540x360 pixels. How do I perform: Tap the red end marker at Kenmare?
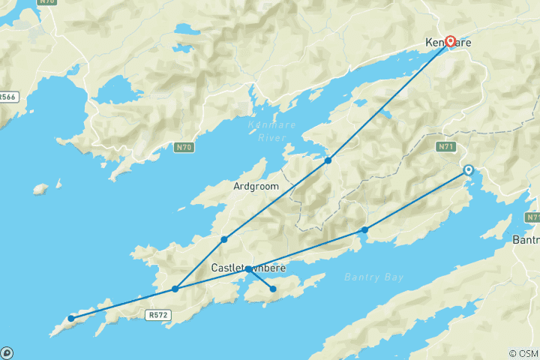(x=451, y=41)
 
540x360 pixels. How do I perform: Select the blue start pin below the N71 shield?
(x=469, y=170)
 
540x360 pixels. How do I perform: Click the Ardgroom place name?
(x=256, y=186)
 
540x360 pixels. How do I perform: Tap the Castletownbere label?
(x=248, y=268)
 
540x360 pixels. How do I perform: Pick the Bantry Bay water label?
(x=374, y=277)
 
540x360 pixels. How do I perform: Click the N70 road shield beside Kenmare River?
(x=184, y=147)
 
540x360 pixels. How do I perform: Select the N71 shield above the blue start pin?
(x=444, y=147)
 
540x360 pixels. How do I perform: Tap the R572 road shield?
(x=158, y=316)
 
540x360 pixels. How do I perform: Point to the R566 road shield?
(x=7, y=97)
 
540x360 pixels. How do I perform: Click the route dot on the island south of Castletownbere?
(x=273, y=289)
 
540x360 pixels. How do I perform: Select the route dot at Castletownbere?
(x=247, y=268)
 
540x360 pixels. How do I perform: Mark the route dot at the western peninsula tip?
(x=71, y=318)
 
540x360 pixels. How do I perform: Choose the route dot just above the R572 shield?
(x=175, y=289)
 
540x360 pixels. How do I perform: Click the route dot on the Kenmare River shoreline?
(x=328, y=160)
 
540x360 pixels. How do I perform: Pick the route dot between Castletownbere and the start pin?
(x=364, y=229)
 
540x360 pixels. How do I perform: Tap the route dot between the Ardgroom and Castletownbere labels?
(x=224, y=239)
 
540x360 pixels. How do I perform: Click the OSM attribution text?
(x=523, y=353)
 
